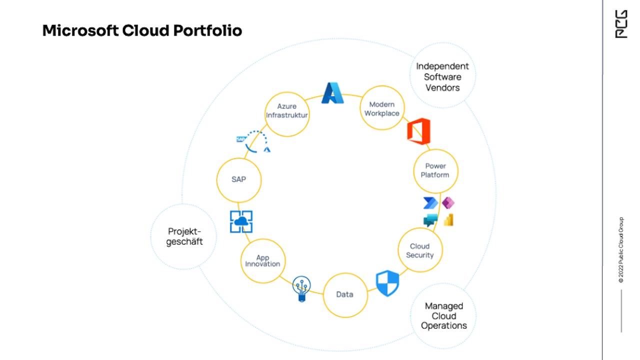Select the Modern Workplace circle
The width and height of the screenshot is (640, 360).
(382, 108)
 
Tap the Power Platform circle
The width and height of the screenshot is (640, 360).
(435, 171)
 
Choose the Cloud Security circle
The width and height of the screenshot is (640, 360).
(420, 250)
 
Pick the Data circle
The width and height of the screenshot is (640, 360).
(345, 294)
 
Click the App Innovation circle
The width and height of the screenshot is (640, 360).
(263, 261)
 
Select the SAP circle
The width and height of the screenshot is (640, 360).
(239, 179)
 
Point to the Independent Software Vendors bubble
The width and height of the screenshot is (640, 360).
(442, 76)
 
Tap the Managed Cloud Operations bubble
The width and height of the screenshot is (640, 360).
(443, 315)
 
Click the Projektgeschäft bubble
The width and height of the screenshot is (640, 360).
(184, 236)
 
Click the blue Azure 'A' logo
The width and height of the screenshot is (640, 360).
(332, 93)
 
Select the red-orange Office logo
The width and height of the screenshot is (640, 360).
(418, 131)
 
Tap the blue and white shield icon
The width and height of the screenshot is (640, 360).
(387, 283)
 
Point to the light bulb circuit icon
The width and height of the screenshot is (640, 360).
(301, 288)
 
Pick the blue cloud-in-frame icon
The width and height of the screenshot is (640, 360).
(241, 221)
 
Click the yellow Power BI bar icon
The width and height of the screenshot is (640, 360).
(448, 220)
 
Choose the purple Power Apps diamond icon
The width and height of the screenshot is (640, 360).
(448, 202)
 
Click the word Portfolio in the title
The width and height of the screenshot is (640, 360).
(208, 31)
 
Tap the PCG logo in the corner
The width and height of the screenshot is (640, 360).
(620, 24)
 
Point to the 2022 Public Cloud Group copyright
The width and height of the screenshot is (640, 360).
(621, 250)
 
